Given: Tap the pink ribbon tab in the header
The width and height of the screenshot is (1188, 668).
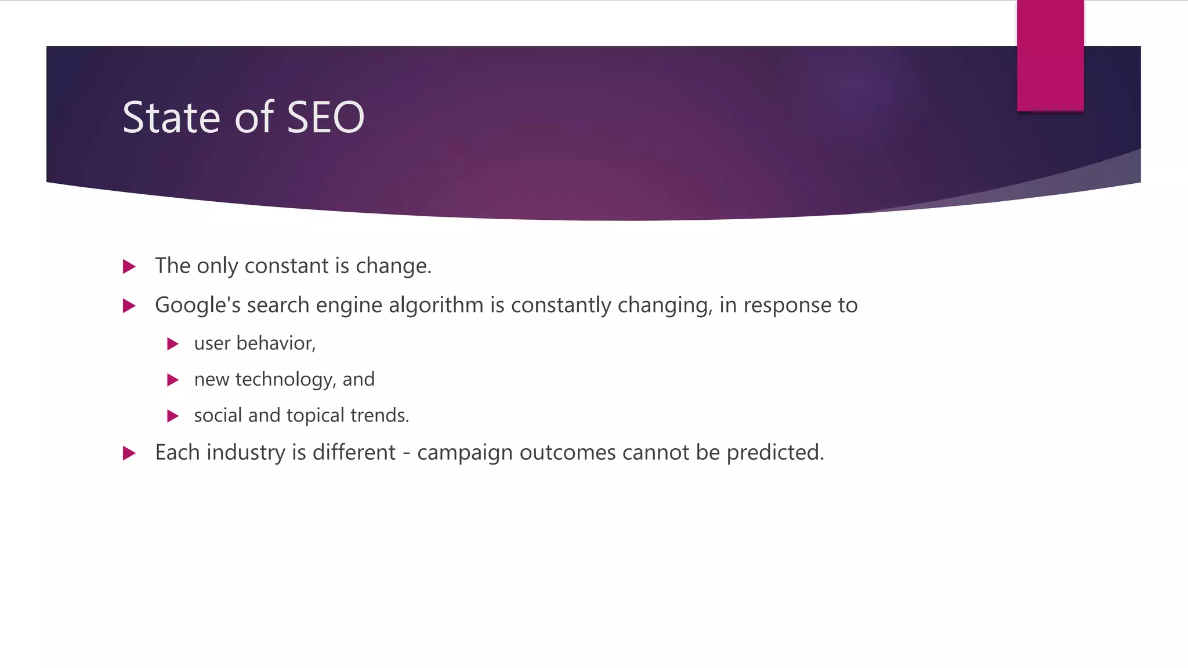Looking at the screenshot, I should (1050, 56).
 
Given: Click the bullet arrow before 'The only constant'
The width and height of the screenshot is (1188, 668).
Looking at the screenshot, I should (129, 267).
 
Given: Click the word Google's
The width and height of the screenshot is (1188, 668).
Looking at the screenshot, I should (197, 306).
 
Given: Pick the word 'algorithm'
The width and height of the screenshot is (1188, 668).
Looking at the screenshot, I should (436, 306).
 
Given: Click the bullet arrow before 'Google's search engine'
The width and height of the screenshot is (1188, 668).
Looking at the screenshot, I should (129, 306).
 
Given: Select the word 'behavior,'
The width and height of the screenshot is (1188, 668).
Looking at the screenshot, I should (276, 343).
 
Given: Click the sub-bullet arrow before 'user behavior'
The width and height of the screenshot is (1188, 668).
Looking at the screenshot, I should (172, 344).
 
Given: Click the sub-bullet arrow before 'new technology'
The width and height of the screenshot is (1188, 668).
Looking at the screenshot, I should (172, 380).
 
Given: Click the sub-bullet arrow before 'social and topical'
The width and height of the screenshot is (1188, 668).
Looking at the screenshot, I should (172, 416).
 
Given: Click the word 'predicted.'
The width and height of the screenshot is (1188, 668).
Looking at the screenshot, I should (775, 453).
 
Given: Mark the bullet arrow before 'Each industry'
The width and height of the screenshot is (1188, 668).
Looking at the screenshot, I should (129, 453).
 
